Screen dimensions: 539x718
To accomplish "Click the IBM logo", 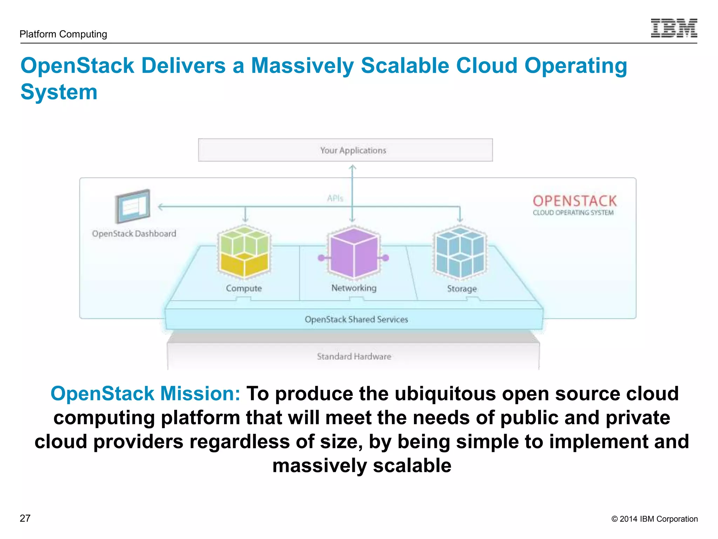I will [x=673, y=28].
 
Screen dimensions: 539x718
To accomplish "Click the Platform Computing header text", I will [x=63, y=34].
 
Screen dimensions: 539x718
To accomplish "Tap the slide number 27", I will [x=25, y=518].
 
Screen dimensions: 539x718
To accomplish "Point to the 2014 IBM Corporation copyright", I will [x=654, y=519].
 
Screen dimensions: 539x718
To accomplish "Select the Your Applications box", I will [x=345, y=150].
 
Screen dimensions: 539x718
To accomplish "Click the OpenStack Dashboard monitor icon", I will [x=133, y=206].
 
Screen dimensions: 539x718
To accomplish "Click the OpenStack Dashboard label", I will [x=134, y=234].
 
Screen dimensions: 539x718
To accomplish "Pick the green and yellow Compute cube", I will [x=244, y=252].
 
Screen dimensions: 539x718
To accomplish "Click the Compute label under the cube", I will [x=244, y=288].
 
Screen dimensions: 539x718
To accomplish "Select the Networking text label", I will [x=354, y=288].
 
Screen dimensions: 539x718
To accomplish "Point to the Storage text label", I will [x=462, y=288].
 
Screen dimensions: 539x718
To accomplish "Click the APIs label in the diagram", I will [x=335, y=198].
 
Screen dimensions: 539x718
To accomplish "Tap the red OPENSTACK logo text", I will [x=575, y=201].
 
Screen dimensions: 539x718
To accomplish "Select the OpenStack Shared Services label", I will [x=356, y=319].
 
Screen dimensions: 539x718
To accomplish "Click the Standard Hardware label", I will [x=354, y=357].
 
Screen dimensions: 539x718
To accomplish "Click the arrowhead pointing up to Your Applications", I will [x=353, y=168].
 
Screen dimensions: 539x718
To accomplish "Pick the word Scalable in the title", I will [x=405, y=66].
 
